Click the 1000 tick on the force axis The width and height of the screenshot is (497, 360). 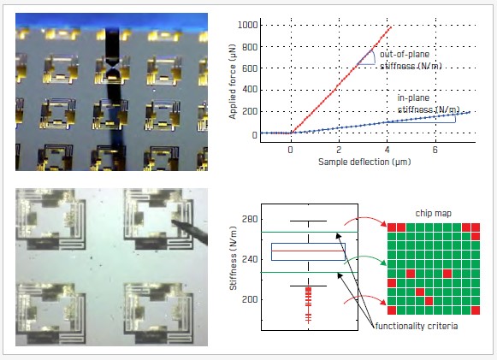tap(247, 25)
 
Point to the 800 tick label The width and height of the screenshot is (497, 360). tap(250, 47)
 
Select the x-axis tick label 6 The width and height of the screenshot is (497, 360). tap(435, 150)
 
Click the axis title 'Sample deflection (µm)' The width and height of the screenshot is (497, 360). tap(364, 162)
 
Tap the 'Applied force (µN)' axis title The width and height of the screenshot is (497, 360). tap(233, 82)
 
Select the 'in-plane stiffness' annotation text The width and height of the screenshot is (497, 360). tap(429, 103)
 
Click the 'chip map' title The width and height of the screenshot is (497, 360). tap(434, 213)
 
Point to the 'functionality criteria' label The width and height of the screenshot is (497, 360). tap(417, 326)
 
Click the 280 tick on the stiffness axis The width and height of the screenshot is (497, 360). tap(250, 219)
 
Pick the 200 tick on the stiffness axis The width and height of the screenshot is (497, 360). tap(250, 299)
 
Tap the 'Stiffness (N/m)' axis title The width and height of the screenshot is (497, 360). tap(234, 258)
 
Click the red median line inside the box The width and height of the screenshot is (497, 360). tap(308, 251)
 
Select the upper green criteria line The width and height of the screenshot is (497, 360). tap(310, 233)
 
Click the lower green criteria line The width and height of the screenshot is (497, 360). tap(310, 272)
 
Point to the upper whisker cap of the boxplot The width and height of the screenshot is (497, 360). tap(309, 221)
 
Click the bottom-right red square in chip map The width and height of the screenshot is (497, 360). tap(476, 310)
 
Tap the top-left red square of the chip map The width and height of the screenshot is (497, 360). tap(392, 227)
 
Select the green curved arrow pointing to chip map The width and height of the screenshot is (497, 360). tap(365, 257)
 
